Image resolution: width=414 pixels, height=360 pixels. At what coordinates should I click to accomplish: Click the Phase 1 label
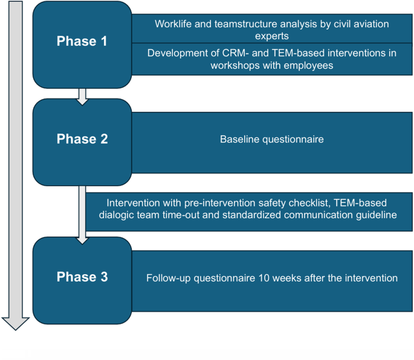click(82, 42)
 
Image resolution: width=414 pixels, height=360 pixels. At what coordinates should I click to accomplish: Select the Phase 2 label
click(82, 139)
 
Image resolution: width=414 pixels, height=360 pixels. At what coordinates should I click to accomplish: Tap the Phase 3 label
click(82, 277)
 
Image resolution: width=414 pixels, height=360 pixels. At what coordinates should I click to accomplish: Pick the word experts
click(272, 36)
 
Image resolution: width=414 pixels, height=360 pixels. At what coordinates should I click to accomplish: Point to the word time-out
click(218, 215)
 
